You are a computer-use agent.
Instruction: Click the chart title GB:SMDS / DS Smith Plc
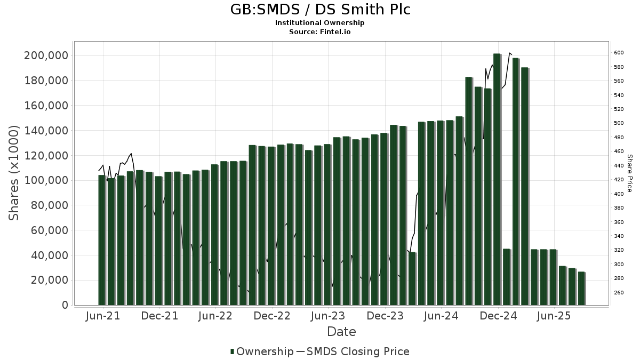click(x=320, y=10)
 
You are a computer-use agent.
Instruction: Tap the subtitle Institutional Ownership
click(x=319, y=23)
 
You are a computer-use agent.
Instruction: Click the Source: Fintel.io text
click(x=319, y=31)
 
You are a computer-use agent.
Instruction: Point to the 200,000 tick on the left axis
click(x=46, y=55)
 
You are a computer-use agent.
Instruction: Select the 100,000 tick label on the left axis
click(x=46, y=180)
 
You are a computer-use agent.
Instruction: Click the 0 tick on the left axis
click(x=66, y=305)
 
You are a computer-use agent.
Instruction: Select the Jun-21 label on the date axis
click(x=103, y=316)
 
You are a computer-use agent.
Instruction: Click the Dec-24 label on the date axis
click(x=498, y=316)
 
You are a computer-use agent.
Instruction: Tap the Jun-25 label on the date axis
click(x=554, y=316)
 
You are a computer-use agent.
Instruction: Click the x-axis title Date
click(x=341, y=332)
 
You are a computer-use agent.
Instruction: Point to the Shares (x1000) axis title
click(x=13, y=173)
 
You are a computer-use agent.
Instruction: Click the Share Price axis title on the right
click(x=629, y=173)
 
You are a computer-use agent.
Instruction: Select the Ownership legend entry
click(x=262, y=351)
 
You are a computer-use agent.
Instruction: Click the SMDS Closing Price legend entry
click(x=353, y=351)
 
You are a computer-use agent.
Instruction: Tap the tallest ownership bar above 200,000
click(x=497, y=179)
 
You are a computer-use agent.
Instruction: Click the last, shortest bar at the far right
click(x=582, y=289)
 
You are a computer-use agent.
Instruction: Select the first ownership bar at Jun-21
click(x=102, y=240)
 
